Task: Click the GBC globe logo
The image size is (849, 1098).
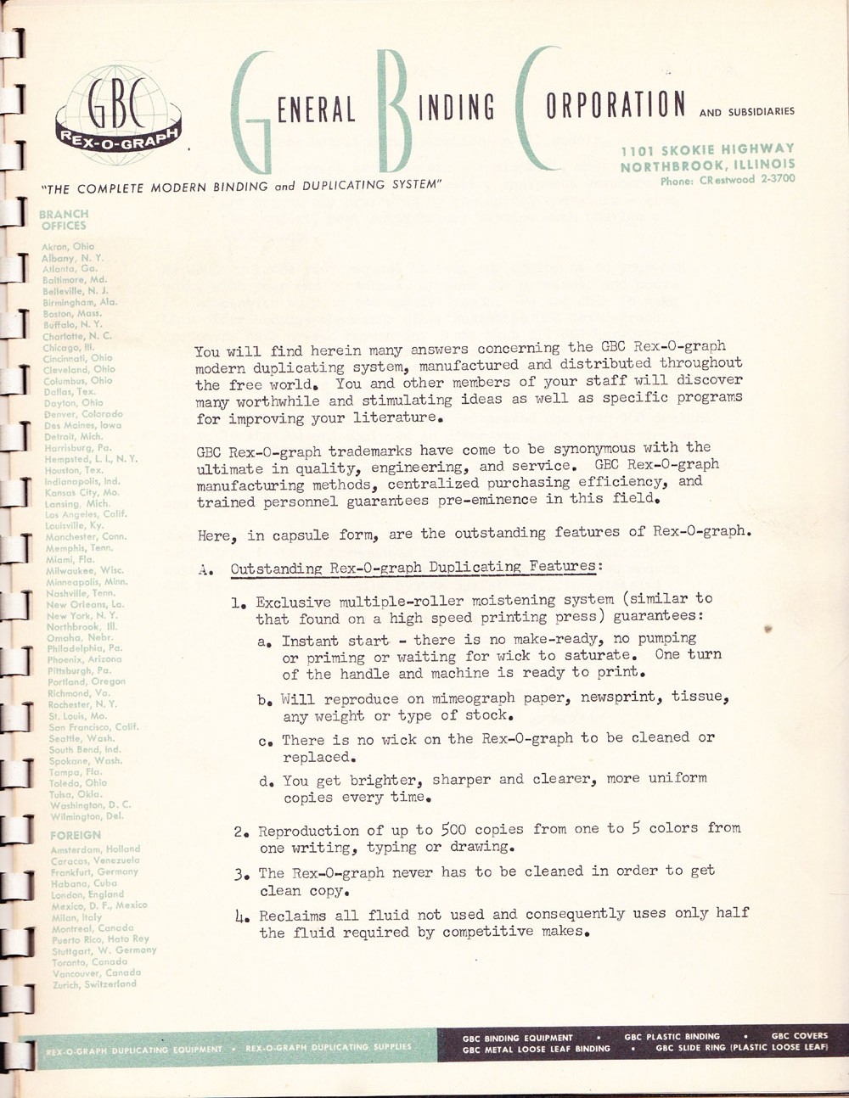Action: tap(118, 116)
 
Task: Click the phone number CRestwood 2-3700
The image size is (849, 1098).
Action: tap(728, 180)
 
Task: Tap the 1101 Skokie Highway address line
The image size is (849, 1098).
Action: tap(708, 149)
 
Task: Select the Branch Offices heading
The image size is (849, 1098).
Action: tap(63, 220)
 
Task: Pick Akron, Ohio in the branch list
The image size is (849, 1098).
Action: tap(68, 246)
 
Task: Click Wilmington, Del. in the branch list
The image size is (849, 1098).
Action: tap(86, 816)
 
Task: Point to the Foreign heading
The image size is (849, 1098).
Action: tap(75, 836)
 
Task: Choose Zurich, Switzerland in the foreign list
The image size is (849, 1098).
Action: tap(93, 984)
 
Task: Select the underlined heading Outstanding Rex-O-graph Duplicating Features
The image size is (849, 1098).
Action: tap(413, 567)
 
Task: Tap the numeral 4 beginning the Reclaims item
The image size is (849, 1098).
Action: tap(239, 915)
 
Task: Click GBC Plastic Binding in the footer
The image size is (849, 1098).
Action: tap(672, 1036)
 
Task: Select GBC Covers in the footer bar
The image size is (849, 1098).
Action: tap(799, 1036)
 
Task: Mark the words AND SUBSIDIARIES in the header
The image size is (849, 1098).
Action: tap(747, 111)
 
